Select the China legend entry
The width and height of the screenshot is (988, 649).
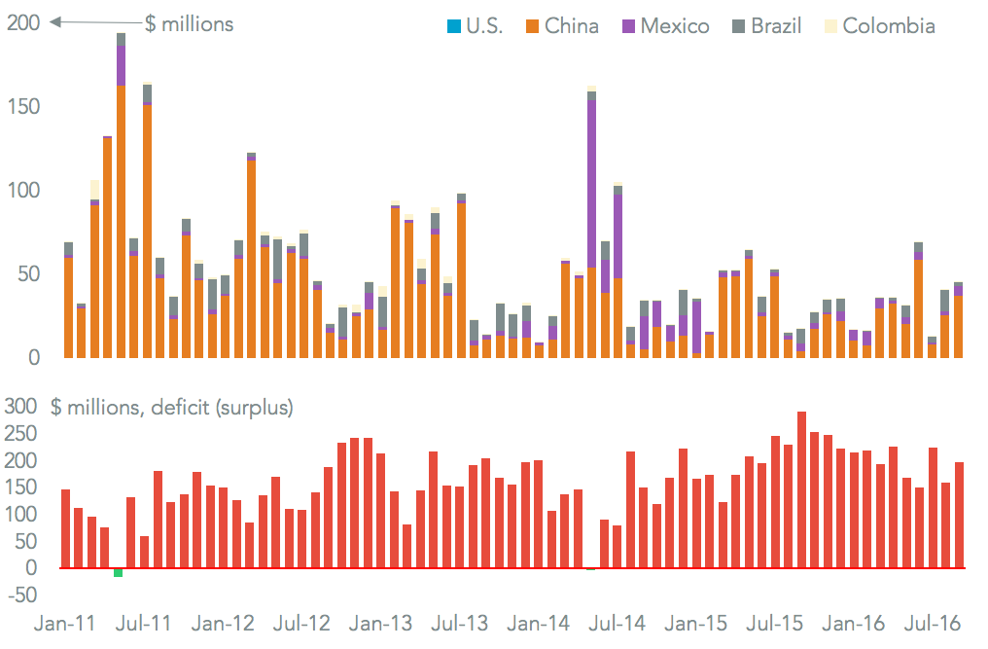coord(572,26)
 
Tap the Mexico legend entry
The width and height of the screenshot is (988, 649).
coord(676,26)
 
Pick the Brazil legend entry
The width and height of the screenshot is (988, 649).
coord(776,26)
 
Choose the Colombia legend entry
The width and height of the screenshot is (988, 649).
coord(888,26)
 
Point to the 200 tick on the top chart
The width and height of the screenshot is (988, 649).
coord(23,22)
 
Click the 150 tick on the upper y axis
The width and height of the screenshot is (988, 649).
coord(23,106)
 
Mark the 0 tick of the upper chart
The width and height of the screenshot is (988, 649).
coord(32,357)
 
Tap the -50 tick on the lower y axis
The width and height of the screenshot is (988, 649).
coord(20,595)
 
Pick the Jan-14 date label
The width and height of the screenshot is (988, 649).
coord(540,623)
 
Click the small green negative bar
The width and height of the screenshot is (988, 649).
coord(118,572)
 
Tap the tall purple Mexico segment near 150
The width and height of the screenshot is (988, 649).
coord(591,184)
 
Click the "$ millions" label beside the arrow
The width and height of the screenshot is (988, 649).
coord(189,23)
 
